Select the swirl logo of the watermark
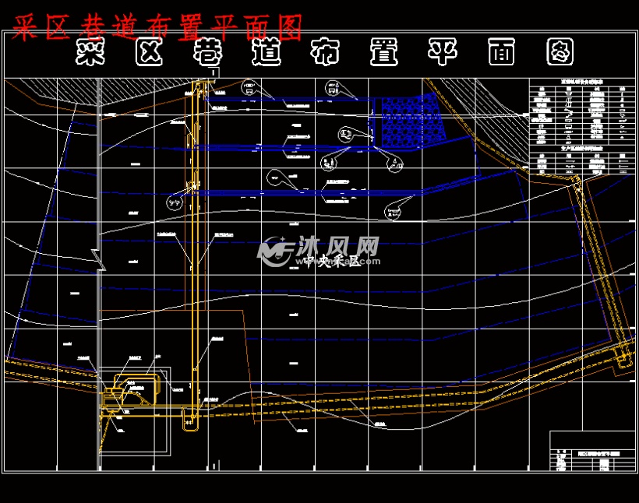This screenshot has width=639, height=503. pyautogui.click(x=275, y=250)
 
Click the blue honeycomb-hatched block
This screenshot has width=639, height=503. pyautogui.click(x=411, y=118)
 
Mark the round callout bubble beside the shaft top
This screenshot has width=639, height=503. pyautogui.click(x=249, y=85)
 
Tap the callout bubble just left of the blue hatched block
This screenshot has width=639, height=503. pyautogui.click(x=345, y=134)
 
